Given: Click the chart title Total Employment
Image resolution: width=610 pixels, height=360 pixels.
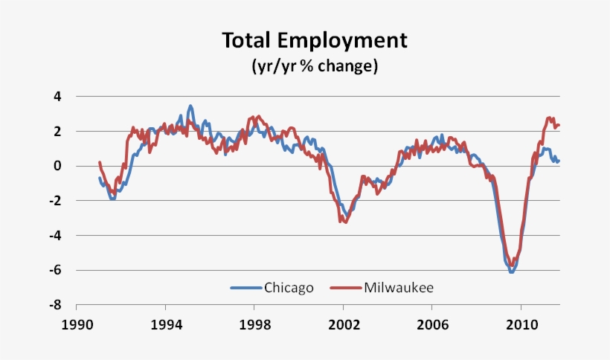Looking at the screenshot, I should coord(315,40).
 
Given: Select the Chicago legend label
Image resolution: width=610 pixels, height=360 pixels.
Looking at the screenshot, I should coord(289,287).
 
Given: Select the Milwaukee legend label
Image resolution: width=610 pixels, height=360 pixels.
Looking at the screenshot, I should coord(398,287).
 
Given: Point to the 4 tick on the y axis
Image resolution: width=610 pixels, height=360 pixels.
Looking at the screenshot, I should coord(57,97).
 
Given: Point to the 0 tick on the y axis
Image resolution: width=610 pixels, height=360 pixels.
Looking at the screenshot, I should coord(57,166).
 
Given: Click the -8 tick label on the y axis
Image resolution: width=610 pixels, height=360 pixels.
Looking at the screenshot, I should coord(54,305).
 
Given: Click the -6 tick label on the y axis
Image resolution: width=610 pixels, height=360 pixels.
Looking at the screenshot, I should coord(54,270).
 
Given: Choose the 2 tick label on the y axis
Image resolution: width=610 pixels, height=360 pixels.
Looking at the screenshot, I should coord(57,131).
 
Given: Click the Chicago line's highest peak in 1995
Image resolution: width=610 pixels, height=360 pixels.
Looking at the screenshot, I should coord(190,106).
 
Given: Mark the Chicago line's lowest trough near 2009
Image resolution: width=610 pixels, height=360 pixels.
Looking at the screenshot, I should coord(511,272).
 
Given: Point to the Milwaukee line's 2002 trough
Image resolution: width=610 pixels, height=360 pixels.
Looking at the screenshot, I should coord(344,222).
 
